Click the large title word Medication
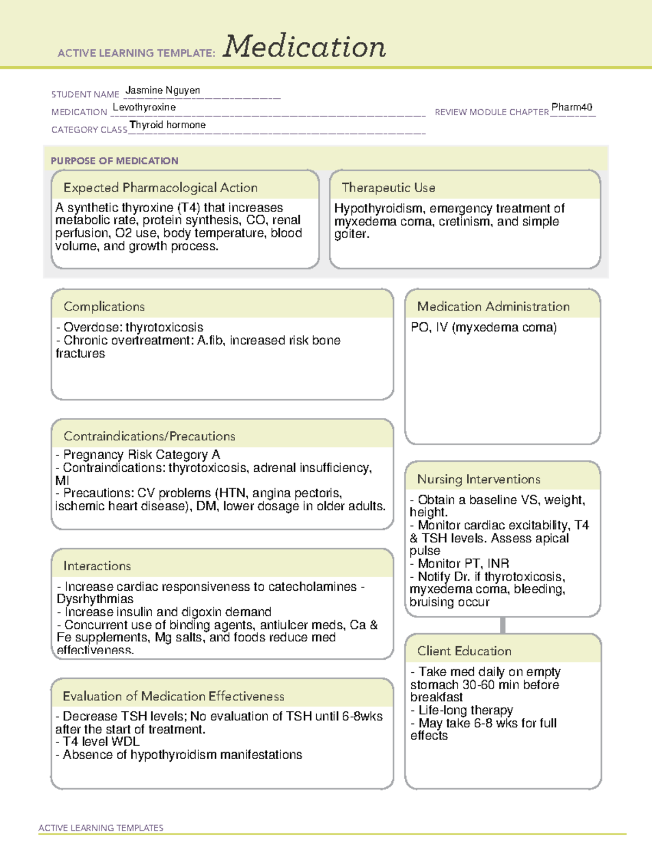[304, 47]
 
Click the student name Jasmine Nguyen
[163, 90]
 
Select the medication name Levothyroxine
[145, 108]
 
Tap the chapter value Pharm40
[572, 107]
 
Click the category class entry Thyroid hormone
[168, 125]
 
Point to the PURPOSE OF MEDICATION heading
[115, 161]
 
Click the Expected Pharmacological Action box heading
[160, 187]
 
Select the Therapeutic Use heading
[388, 187]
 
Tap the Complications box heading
[104, 307]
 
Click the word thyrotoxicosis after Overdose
[165, 327]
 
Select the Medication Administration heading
[493, 307]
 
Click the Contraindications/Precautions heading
[149, 436]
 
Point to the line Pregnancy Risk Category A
[141, 454]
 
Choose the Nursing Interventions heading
[479, 479]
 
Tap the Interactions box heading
[97, 566]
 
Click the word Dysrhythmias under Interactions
[95, 599]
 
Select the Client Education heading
[465, 651]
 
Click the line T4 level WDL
[101, 741]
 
